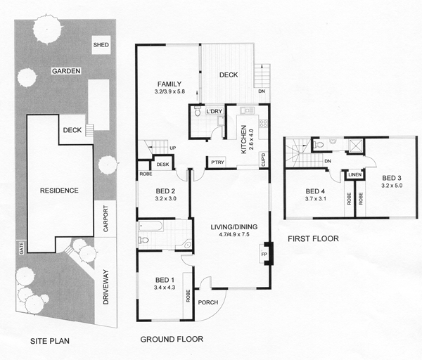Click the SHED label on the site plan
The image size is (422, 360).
(x=101, y=46)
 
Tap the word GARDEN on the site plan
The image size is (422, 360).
(x=65, y=71)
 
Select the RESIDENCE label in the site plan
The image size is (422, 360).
(x=58, y=191)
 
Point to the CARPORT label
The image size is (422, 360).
(x=105, y=219)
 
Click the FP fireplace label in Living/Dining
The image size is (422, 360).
(x=264, y=254)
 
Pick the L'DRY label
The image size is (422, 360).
(x=205, y=112)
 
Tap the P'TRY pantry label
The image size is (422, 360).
(x=217, y=162)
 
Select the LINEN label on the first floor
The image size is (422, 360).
(x=354, y=175)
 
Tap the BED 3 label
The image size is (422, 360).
(x=391, y=177)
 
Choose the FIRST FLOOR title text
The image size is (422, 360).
(x=314, y=239)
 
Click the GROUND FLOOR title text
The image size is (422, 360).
(x=172, y=339)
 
